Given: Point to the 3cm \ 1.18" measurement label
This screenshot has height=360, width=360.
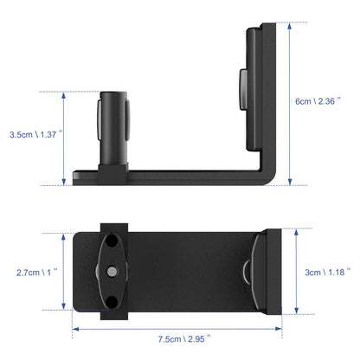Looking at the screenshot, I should [325, 272].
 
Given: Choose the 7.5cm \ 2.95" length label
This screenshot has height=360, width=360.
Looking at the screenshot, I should [181, 338].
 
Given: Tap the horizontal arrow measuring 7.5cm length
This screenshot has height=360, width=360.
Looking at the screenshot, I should [180, 328].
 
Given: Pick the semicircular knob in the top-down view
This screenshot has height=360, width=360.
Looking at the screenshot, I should [248, 271].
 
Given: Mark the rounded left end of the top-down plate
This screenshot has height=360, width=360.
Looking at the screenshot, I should [80, 271].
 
